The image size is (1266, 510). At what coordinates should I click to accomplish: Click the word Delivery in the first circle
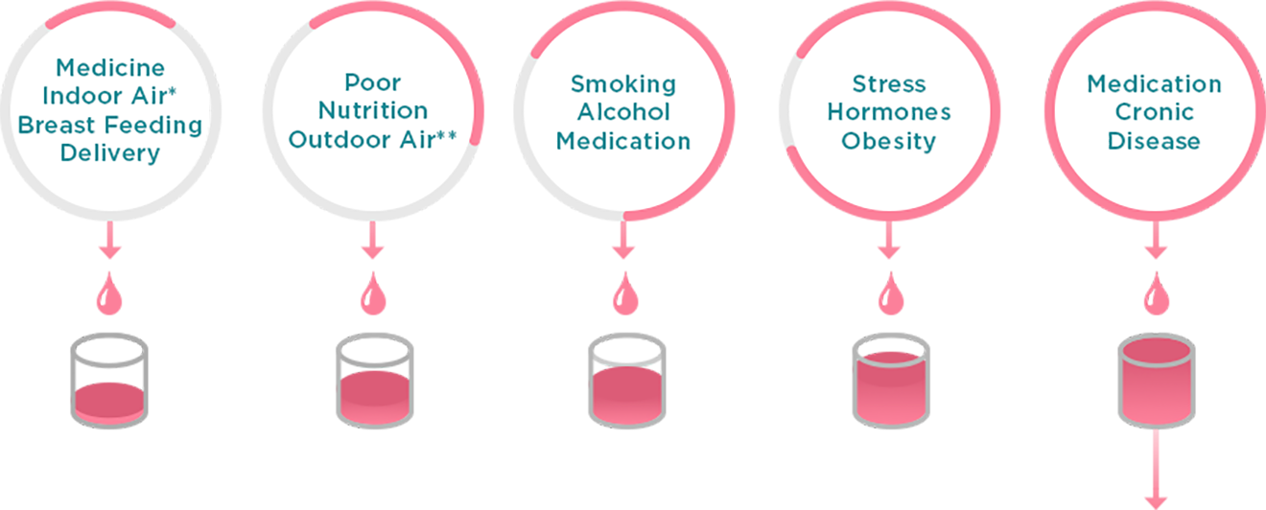click(x=110, y=153)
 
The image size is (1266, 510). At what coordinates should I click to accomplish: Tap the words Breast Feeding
click(x=110, y=125)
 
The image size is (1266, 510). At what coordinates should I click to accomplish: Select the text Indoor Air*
click(x=109, y=96)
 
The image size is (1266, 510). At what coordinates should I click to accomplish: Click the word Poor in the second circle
click(x=372, y=82)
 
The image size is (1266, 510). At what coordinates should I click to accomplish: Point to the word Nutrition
click(x=373, y=110)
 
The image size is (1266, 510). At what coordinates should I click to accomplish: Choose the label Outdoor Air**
click(x=372, y=140)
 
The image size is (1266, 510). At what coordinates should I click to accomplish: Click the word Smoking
click(x=623, y=84)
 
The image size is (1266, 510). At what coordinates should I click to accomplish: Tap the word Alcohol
click(x=623, y=112)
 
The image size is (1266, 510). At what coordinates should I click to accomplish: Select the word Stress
click(x=889, y=84)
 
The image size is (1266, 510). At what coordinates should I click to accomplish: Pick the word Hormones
click(x=889, y=112)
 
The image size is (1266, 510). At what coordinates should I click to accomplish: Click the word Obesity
click(x=888, y=141)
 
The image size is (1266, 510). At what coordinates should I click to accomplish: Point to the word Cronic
click(x=1154, y=112)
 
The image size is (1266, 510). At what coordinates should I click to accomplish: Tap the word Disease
click(x=1154, y=141)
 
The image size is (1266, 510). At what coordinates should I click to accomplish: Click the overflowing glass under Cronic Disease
click(x=1157, y=380)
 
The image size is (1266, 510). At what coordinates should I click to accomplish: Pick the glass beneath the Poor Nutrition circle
click(x=375, y=380)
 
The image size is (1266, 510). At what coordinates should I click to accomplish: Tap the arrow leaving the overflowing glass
click(x=1156, y=470)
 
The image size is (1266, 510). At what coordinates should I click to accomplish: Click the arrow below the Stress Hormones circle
click(x=889, y=240)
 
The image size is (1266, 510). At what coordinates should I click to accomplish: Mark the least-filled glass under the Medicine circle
click(x=109, y=380)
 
